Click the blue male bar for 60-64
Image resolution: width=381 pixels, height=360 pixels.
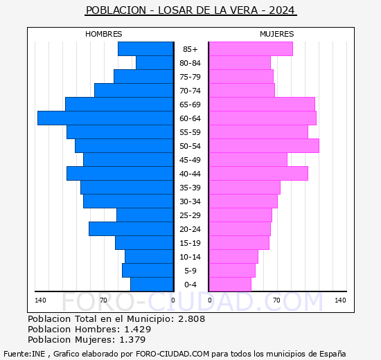[x=105, y=118]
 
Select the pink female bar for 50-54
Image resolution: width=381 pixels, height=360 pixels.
[x=263, y=146]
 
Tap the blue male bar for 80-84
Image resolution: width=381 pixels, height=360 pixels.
[x=154, y=63]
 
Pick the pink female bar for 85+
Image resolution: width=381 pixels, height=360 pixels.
[x=250, y=49]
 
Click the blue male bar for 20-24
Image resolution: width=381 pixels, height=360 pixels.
[x=131, y=229]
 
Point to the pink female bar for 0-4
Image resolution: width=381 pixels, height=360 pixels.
[x=229, y=285]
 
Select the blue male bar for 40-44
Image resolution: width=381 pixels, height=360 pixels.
[x=120, y=174]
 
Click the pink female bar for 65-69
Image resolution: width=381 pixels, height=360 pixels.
[x=261, y=105]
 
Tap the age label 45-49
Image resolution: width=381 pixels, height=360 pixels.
[x=190, y=160]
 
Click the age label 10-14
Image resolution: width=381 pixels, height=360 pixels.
[x=190, y=257]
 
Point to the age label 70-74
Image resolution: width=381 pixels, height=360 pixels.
[x=190, y=91]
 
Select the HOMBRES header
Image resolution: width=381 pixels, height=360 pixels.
[x=104, y=34]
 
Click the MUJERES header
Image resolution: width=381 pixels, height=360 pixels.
[x=277, y=34]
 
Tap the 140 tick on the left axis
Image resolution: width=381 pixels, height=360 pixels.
[x=40, y=300]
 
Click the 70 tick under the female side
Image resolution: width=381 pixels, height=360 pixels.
[x=276, y=300]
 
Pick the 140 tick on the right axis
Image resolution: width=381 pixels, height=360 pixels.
[x=340, y=300]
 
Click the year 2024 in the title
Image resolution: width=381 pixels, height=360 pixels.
[x=281, y=10]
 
